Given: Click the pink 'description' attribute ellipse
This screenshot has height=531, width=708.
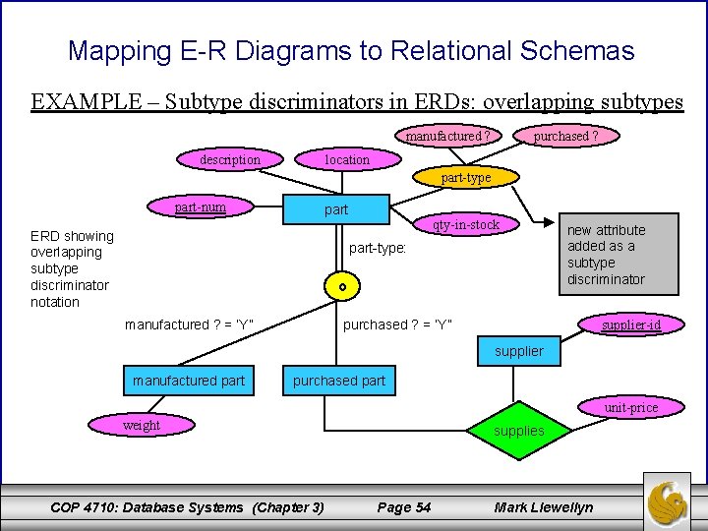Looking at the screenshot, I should click(x=230, y=159).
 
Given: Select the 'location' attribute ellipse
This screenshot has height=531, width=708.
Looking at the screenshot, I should click(x=347, y=159).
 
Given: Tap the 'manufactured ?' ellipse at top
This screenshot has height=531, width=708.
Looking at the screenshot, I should click(x=448, y=137).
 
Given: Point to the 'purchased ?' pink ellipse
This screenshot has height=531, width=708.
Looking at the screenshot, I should click(x=565, y=137).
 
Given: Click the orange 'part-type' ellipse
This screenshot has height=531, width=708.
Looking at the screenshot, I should click(x=465, y=178).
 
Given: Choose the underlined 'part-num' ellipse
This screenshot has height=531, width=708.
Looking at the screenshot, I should click(x=201, y=206).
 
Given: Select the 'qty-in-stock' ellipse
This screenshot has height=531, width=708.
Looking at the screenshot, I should click(x=467, y=225).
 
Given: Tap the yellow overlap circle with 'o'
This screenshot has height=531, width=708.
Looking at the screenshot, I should click(x=341, y=287).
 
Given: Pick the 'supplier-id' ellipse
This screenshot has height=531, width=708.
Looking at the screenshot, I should click(x=630, y=324).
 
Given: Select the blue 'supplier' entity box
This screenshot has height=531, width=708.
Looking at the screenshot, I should click(x=518, y=351).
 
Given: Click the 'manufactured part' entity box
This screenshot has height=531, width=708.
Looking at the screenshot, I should click(x=189, y=381).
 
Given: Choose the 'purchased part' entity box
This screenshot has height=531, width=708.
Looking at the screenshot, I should click(x=339, y=381).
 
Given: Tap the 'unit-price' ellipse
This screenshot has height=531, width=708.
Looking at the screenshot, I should click(x=630, y=407).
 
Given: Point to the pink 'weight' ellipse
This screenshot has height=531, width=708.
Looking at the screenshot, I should click(x=141, y=425).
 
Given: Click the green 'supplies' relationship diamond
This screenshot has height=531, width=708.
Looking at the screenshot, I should click(x=518, y=431).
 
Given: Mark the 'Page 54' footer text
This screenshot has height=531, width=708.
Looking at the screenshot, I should click(x=404, y=507).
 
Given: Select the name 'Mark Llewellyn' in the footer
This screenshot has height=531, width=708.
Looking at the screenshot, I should click(x=544, y=507).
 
